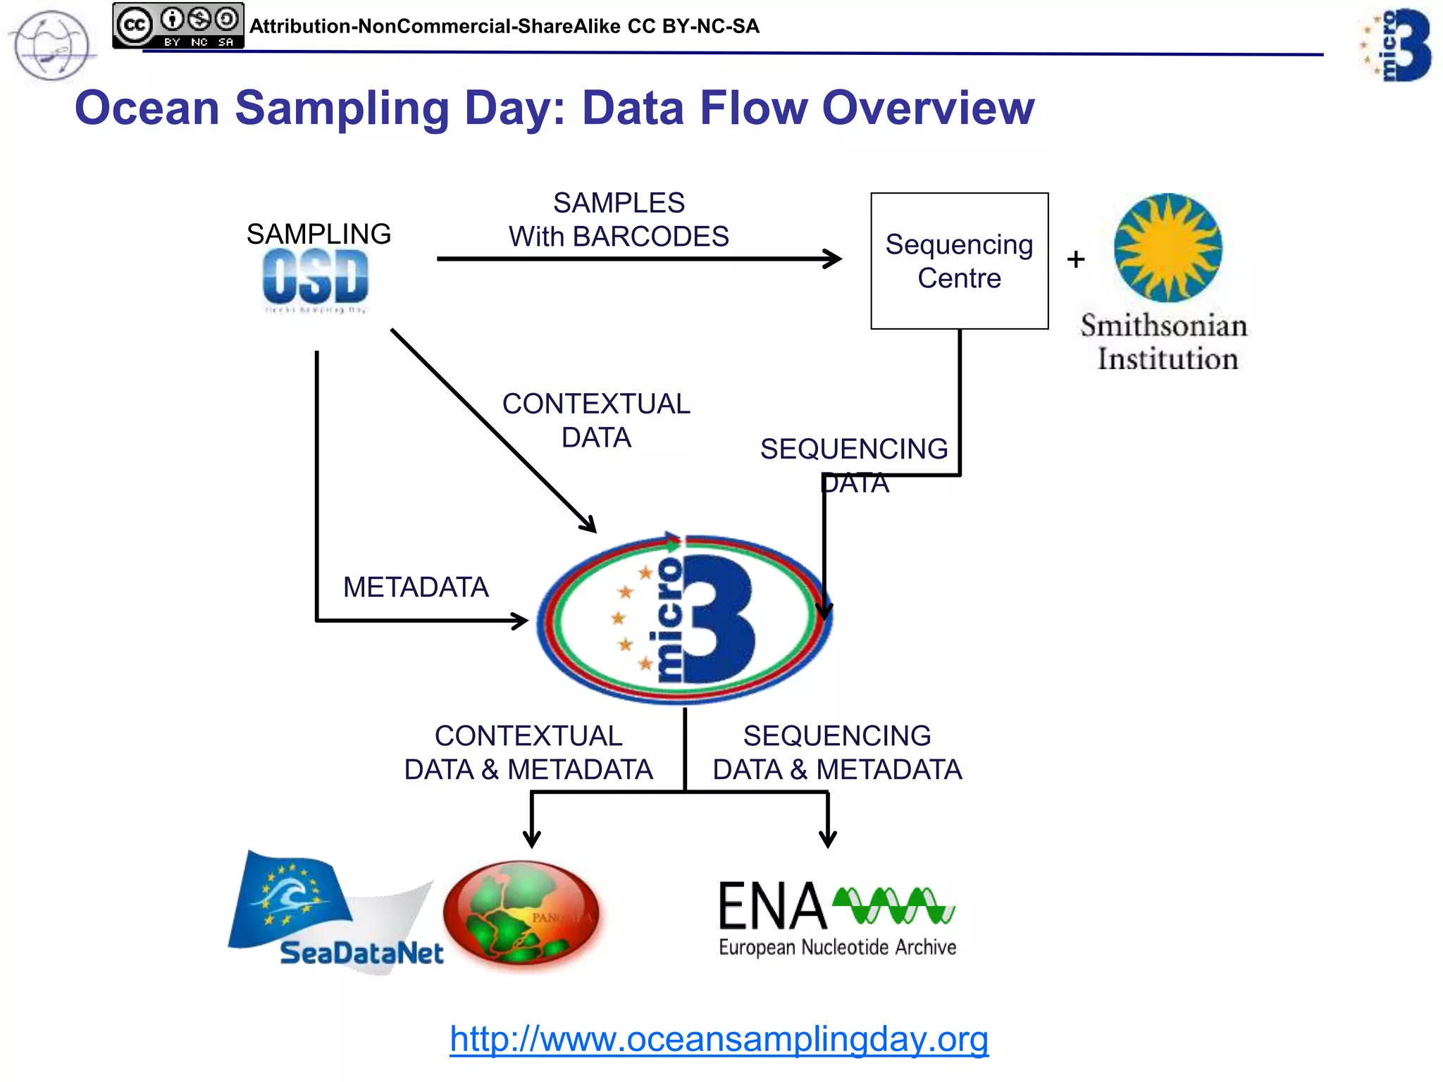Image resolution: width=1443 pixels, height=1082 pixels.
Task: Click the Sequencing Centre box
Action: click(959, 261)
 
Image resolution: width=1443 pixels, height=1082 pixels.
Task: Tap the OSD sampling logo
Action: click(316, 279)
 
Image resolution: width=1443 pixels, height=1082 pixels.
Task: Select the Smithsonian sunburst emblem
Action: click(1168, 247)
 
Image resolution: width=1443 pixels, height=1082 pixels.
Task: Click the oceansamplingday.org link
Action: click(719, 1039)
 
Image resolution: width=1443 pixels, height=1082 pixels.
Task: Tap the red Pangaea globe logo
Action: click(521, 914)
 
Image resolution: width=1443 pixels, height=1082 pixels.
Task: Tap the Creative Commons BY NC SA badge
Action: click(178, 26)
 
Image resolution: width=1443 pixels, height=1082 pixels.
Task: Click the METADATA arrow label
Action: click(416, 587)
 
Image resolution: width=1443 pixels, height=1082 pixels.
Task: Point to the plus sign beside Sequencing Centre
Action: click(1076, 259)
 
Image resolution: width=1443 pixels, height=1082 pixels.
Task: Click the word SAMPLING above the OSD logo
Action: click(318, 234)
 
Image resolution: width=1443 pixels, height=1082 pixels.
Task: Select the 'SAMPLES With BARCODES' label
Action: click(619, 220)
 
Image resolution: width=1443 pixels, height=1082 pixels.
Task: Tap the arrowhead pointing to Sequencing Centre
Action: click(834, 259)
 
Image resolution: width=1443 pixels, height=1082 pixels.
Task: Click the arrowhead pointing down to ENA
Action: click(828, 838)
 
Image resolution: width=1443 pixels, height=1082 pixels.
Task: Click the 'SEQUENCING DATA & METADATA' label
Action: click(837, 752)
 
